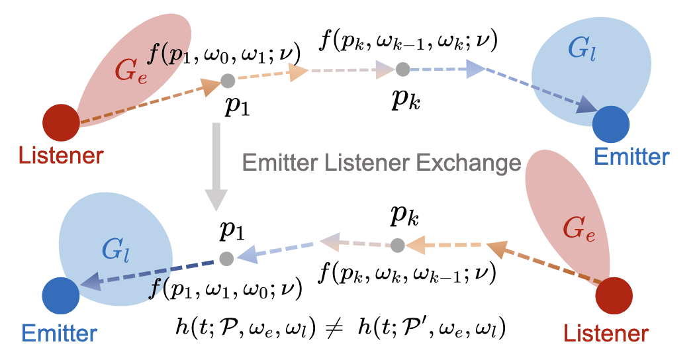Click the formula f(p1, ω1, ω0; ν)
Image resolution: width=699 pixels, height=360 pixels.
(225, 287)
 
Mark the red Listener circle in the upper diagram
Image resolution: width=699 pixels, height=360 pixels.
(61, 123)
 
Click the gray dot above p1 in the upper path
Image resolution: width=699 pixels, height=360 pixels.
(228, 81)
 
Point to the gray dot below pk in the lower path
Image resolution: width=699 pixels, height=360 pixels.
(396, 246)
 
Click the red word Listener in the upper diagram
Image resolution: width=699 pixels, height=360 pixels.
(61, 156)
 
